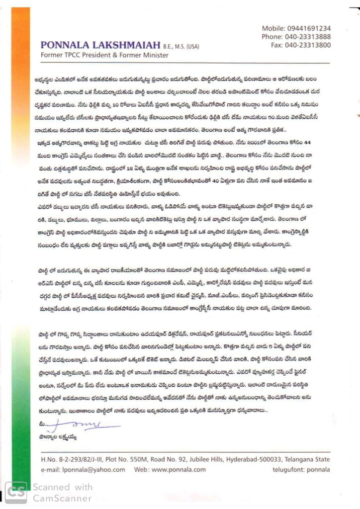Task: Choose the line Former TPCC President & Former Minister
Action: click(104, 55)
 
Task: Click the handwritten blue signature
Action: click(85, 424)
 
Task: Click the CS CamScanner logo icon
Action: click(16, 492)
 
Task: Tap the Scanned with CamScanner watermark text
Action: click(63, 492)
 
